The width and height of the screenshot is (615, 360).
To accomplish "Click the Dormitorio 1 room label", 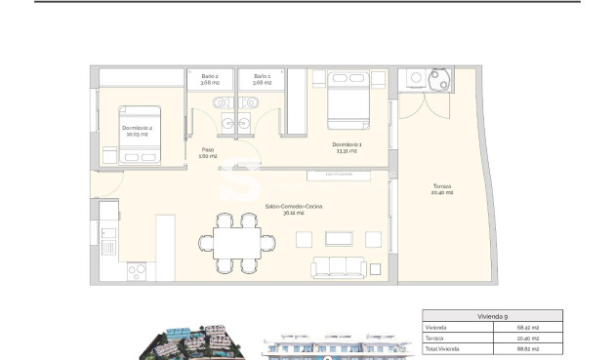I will pos(347,147).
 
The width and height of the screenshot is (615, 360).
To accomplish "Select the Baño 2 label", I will pos(210,79).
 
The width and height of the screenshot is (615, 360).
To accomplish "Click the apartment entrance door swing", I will pos(109,184).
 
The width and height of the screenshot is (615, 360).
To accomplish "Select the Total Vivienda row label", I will pos(441,348).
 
